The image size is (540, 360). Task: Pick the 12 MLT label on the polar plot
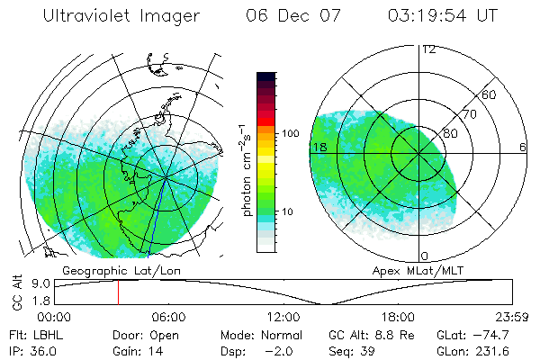pos(429,49)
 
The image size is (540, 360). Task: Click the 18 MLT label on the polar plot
pos(319,147)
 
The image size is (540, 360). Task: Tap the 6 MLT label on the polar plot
pos(522,147)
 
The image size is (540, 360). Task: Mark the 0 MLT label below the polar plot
pos(426,256)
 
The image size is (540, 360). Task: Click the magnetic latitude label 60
pos(490,94)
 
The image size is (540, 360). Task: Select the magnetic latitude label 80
pos(450,134)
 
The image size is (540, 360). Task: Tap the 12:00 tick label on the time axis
pos(283,317)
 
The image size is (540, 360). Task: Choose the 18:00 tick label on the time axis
pos(398,317)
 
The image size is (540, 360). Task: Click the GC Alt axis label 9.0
pos(39,283)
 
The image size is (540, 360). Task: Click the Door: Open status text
pos(146,335)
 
